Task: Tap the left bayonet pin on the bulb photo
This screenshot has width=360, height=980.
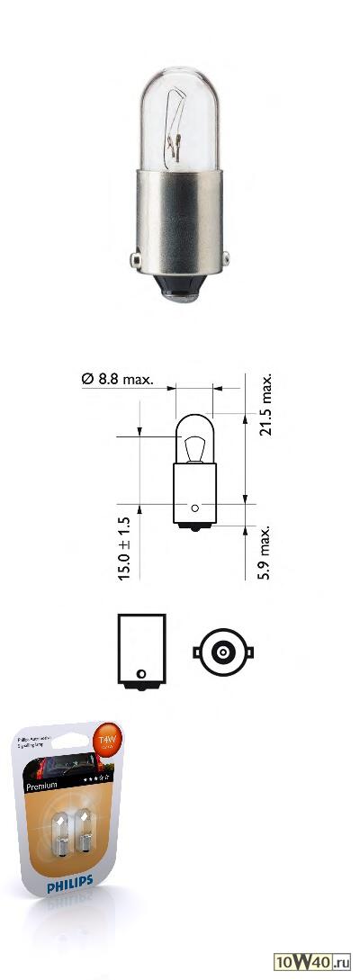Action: tap(137, 260)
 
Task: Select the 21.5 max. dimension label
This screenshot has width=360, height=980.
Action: tap(265, 404)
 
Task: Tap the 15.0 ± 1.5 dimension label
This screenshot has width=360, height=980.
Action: tap(124, 547)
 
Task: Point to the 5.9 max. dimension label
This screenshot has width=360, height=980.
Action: tap(265, 553)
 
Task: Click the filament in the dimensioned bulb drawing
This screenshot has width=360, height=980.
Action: tap(193, 445)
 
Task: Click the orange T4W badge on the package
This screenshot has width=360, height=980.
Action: tap(109, 744)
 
